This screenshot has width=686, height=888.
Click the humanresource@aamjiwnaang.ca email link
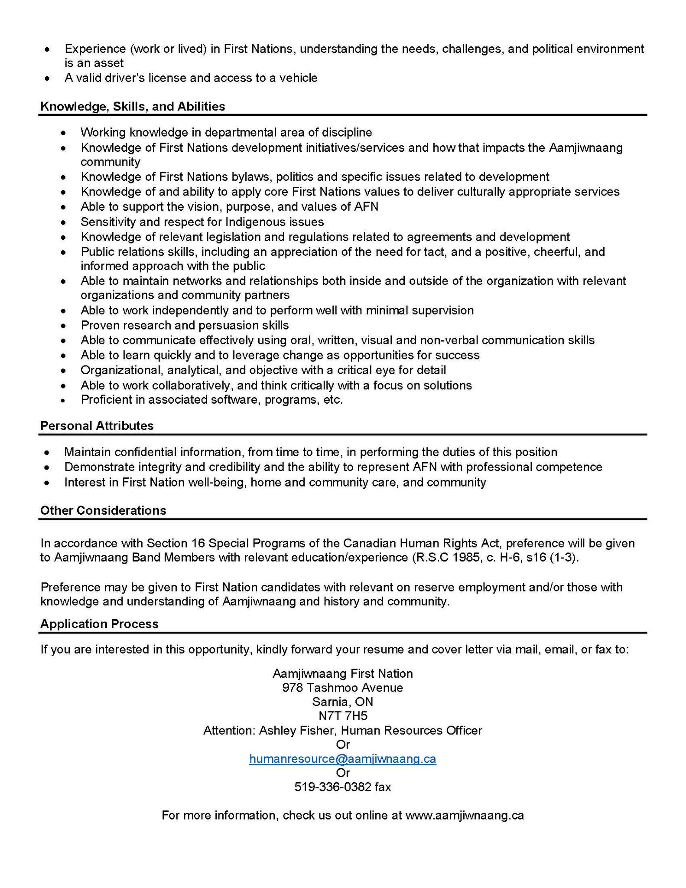click(x=342, y=759)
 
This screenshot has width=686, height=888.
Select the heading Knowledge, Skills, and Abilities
click(x=133, y=106)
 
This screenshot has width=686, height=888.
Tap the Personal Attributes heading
click(x=97, y=425)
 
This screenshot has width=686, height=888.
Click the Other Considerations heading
click(x=103, y=510)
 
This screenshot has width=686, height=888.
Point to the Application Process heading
click(x=99, y=624)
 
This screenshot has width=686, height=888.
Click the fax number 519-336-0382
click(x=333, y=787)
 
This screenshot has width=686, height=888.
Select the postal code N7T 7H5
click(x=343, y=716)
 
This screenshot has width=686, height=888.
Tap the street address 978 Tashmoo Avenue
click(x=342, y=687)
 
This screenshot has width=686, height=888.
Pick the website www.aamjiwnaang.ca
click(x=465, y=815)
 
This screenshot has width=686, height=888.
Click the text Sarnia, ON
click(x=342, y=702)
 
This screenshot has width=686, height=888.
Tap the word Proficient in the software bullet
click(x=106, y=399)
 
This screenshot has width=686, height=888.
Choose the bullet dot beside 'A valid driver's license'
click(x=47, y=78)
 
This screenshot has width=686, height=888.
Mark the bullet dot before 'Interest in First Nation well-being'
click(x=47, y=483)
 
